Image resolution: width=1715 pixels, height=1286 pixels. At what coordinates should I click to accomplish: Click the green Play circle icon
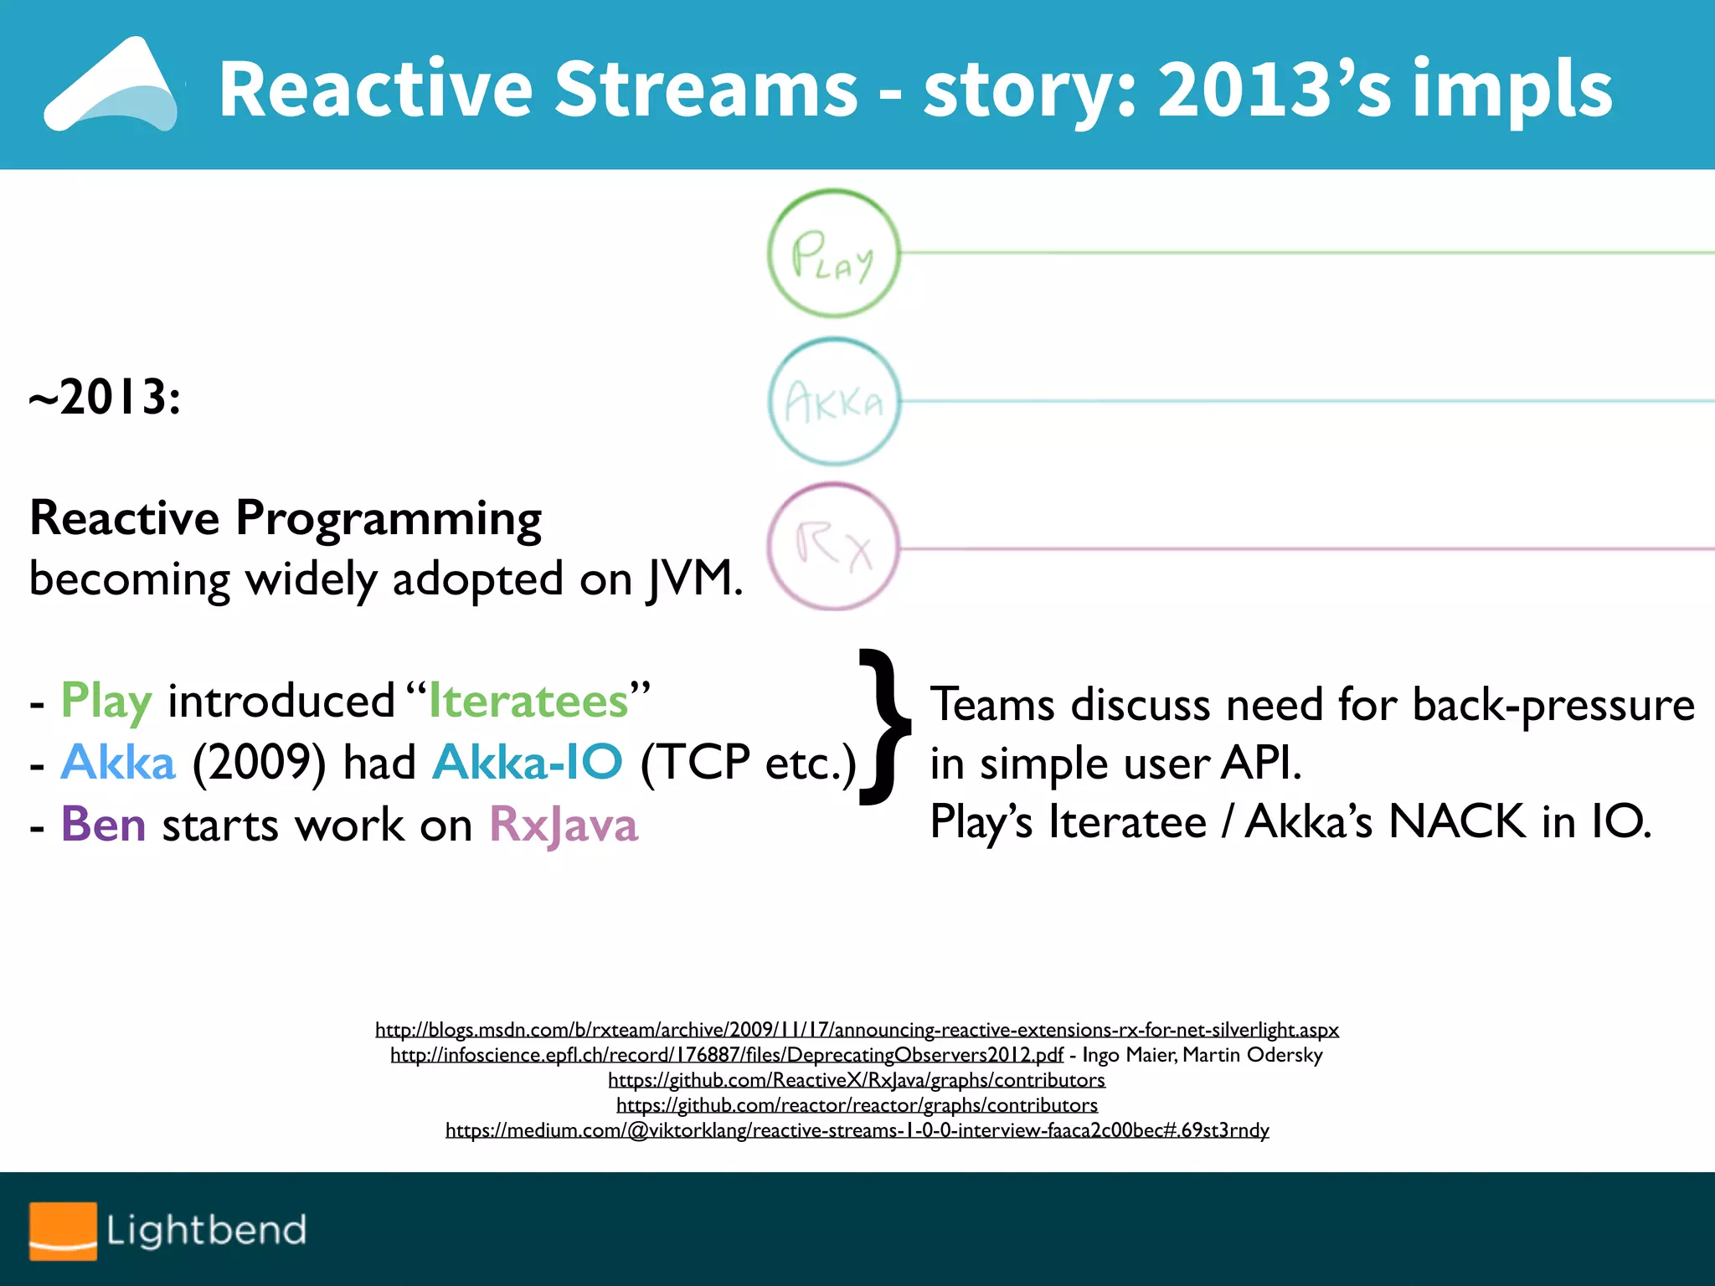(x=833, y=253)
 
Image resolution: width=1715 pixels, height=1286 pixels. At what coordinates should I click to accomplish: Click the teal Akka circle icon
(x=833, y=402)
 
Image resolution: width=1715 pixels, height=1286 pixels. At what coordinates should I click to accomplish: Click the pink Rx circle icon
(x=833, y=547)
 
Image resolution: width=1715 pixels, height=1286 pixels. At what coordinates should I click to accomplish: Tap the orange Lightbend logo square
(x=63, y=1231)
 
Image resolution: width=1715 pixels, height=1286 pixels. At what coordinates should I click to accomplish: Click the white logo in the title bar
(x=113, y=85)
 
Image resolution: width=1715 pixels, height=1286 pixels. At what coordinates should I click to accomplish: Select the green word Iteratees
(x=528, y=701)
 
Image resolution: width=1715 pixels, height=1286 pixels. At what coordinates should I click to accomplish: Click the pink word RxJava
(x=564, y=824)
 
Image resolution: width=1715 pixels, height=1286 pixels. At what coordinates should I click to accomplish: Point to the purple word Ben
(x=103, y=824)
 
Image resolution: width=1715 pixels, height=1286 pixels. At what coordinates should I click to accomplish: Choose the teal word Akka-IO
(x=528, y=762)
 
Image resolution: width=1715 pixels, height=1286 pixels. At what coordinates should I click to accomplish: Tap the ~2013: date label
(x=105, y=397)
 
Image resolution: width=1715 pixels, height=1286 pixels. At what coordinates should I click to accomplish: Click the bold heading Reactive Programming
(x=286, y=518)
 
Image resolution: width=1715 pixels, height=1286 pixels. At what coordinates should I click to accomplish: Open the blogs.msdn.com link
(x=857, y=1030)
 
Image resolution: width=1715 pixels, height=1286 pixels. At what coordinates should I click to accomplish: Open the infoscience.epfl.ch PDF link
(x=726, y=1055)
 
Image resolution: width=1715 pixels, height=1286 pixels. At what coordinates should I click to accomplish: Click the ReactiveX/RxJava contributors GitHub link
(x=857, y=1080)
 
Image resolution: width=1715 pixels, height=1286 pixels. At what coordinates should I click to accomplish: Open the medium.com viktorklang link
(x=857, y=1130)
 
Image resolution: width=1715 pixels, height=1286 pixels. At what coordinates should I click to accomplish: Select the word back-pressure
(x=1553, y=704)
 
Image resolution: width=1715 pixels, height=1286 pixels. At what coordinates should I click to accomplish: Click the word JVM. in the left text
(x=694, y=579)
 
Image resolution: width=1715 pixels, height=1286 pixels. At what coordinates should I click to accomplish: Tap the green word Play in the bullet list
(x=106, y=701)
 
